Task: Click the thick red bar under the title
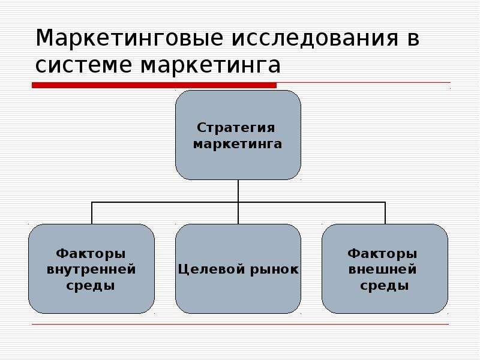click(x=154, y=86)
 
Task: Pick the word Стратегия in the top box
click(x=238, y=128)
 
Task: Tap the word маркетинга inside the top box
click(x=238, y=144)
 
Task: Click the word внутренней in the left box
click(x=91, y=269)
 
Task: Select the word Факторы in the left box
click(x=91, y=253)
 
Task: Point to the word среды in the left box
click(x=91, y=286)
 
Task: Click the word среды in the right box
click(x=385, y=286)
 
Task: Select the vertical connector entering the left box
click(x=92, y=214)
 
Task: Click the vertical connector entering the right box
click(x=385, y=214)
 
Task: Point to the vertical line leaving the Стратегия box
click(x=238, y=191)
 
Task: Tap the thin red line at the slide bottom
click(x=240, y=325)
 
